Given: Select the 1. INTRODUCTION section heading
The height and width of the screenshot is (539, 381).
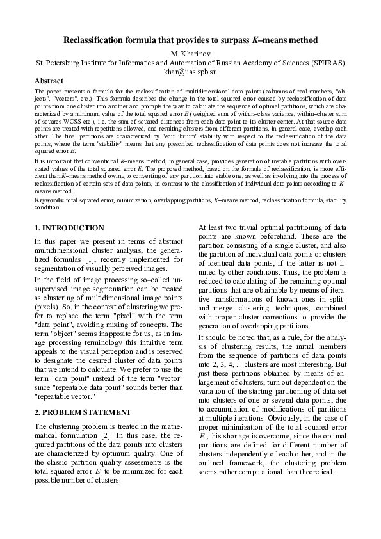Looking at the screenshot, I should click(69, 227).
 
